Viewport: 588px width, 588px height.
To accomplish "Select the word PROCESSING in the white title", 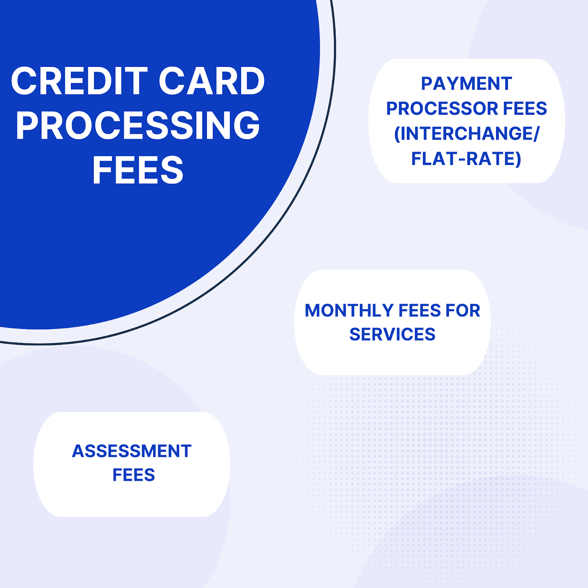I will pos(138,126).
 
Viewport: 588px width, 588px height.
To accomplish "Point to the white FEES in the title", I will pos(138,170).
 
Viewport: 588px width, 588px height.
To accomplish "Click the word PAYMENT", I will pos(466,84).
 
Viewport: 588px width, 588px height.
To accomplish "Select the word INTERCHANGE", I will pos(466,134).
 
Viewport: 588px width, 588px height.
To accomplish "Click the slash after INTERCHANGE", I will pos(536,134).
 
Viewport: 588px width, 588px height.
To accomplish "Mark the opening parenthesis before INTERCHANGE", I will pos(397,134).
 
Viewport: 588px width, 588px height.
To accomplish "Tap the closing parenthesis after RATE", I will pos(518,159).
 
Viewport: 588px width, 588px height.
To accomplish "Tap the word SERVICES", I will pos(392,334).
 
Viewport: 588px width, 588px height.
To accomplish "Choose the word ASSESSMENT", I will pos(132,451).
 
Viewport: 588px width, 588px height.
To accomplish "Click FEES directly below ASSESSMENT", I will pos(134,475).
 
